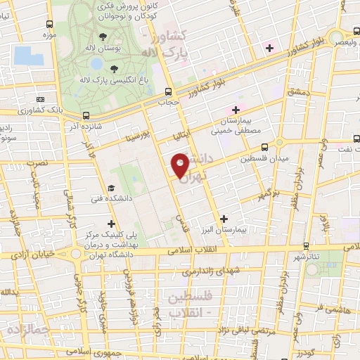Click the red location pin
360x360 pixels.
coord(181,165)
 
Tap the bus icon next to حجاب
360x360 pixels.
coord(168,91)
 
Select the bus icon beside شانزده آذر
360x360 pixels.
coord(86,115)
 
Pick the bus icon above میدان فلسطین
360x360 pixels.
coord(264,147)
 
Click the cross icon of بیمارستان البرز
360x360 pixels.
coord(224,219)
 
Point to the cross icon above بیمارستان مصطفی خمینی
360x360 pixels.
coord(236,110)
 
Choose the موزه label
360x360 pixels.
coord(49,34)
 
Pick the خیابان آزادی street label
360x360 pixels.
coord(32,255)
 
